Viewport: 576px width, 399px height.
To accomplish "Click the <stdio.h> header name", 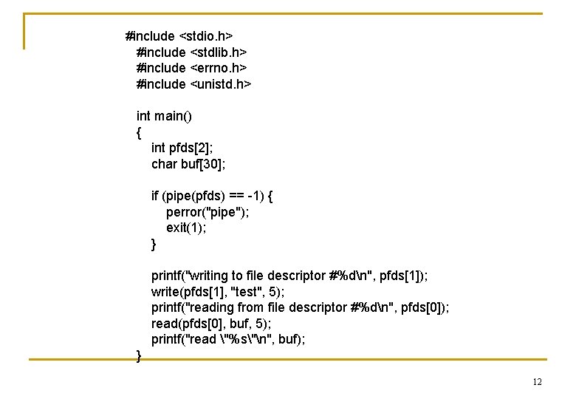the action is [x=206, y=36].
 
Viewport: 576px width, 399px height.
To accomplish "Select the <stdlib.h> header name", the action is [x=219, y=52].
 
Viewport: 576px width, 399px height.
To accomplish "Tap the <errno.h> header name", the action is [x=219, y=68].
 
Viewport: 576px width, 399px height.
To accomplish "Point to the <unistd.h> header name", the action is [x=221, y=84].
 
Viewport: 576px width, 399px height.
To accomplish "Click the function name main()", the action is [x=172, y=116].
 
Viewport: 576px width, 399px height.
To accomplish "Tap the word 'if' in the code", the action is [x=155, y=196].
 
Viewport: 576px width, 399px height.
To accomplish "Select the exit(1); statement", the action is [x=186, y=228].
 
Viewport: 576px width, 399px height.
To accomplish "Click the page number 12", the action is [x=537, y=382].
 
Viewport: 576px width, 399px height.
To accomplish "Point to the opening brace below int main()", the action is [x=139, y=133].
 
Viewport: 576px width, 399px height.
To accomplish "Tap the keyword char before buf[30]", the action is [x=164, y=164].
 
